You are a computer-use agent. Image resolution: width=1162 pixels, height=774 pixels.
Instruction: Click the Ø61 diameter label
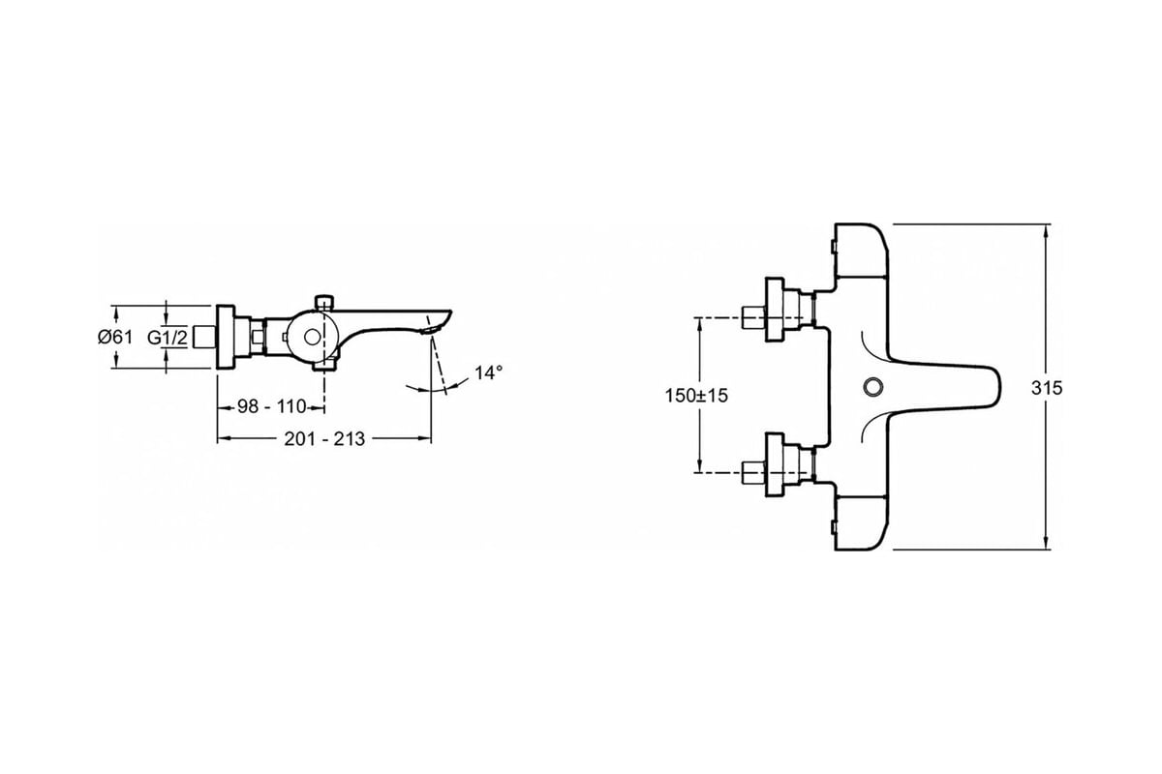click(115, 338)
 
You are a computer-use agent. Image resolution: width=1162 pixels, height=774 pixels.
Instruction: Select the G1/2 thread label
click(167, 338)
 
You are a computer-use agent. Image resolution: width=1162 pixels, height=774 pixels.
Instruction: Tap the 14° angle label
click(489, 372)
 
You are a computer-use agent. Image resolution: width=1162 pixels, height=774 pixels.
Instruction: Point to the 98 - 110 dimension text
click(272, 407)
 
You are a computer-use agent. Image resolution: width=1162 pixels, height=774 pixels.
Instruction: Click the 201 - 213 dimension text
click(324, 439)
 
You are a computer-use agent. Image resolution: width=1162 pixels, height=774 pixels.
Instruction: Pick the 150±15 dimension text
click(696, 396)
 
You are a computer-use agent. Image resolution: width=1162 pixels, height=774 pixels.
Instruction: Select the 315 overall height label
click(1047, 388)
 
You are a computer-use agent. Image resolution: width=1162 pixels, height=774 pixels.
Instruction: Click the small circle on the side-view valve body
click(312, 338)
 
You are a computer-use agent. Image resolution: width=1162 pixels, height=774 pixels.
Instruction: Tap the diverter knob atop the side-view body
click(324, 303)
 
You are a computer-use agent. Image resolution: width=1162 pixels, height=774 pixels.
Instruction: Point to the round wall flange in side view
click(225, 337)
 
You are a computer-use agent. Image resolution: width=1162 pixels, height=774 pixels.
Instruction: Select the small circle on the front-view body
click(872, 387)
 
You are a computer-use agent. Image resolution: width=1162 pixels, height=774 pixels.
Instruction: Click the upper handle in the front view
click(861, 251)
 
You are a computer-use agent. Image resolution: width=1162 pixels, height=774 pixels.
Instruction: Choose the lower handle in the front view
click(861, 523)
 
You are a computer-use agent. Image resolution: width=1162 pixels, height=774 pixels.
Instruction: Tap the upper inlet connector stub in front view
click(752, 316)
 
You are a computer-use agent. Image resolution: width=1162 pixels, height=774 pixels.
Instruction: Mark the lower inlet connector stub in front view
click(752, 471)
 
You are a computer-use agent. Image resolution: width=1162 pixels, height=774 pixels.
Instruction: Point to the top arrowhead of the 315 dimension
click(1046, 230)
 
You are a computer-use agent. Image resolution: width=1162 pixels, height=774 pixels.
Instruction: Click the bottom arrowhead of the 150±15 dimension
click(699, 466)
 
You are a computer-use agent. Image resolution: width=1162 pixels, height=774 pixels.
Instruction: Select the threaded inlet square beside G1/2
click(202, 338)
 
